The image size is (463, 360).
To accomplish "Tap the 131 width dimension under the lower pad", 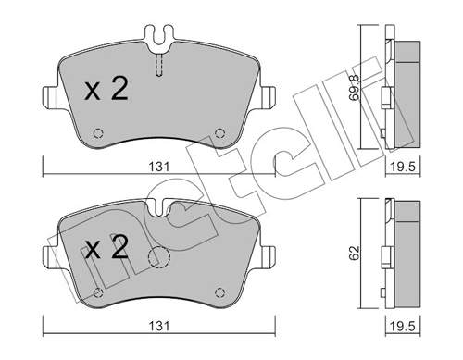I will click(x=160, y=327).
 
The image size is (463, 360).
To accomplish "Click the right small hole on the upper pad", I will click(x=219, y=130).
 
